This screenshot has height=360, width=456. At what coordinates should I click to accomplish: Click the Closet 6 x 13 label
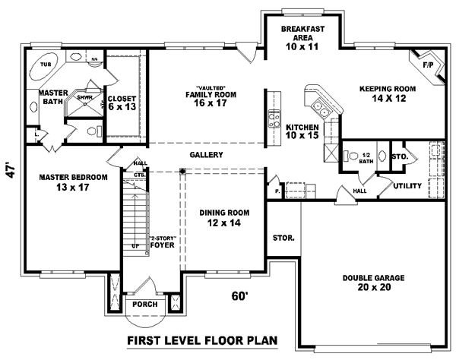click(x=122, y=103)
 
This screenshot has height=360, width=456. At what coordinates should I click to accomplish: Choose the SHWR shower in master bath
click(x=84, y=98)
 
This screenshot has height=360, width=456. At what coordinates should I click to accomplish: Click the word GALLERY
click(x=206, y=155)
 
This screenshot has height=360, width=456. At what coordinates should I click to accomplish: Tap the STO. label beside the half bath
click(x=401, y=157)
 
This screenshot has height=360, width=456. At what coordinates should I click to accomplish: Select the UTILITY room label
click(x=408, y=185)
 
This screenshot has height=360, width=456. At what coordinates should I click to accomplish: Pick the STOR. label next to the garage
click(x=283, y=238)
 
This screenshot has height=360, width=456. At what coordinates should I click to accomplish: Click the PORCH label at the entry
click(x=144, y=305)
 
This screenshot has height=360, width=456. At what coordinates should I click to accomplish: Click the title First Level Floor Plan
click(x=201, y=340)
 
